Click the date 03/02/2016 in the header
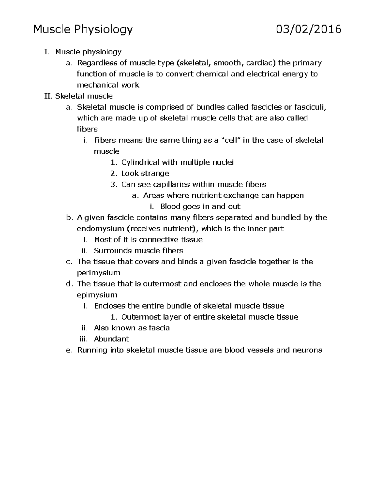tap(308, 29)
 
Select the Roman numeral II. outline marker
tap(49, 96)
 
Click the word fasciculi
tap(309, 107)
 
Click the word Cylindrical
tap(140, 162)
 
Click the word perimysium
tap(99, 273)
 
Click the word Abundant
tap(112, 339)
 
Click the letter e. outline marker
tap(69, 350)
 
